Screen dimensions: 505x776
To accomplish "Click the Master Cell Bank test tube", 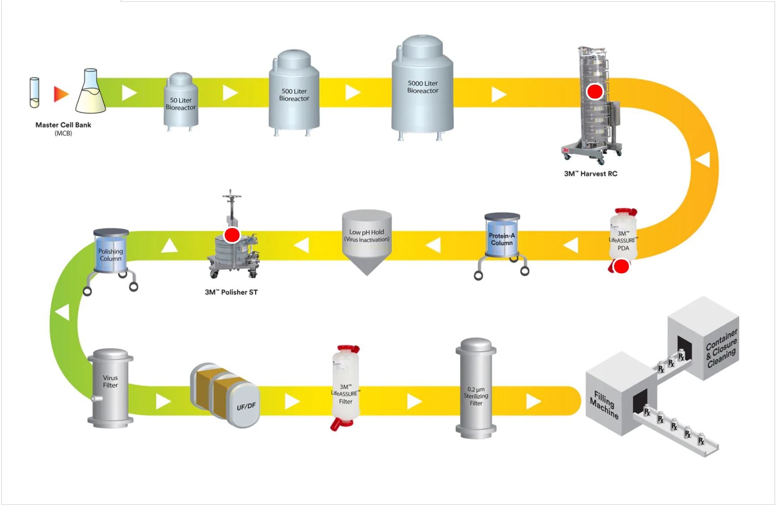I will tap(35, 92).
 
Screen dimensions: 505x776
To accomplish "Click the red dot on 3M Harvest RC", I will tap(595, 92).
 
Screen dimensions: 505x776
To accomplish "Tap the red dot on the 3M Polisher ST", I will tap(232, 235).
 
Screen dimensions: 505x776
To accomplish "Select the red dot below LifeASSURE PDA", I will tap(621, 267).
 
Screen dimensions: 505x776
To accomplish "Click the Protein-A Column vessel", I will tap(502, 239).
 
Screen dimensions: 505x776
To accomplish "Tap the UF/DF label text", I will tap(246, 406).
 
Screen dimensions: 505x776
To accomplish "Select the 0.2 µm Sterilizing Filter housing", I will tap(476, 388).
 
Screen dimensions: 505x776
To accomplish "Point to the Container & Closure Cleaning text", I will tap(721, 349).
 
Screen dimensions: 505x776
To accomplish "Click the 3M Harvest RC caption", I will tap(590, 174).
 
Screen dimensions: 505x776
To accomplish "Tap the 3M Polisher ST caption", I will tap(231, 292).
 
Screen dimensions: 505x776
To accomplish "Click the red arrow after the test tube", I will tap(61, 94).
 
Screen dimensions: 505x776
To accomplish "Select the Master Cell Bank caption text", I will tap(63, 125).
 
